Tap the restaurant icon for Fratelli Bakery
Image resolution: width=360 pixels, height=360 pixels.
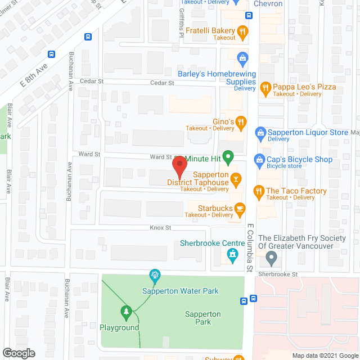coord(242,31)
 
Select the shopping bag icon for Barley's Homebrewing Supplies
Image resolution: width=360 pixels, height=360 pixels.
coord(242,57)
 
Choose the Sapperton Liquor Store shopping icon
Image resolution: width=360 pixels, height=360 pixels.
coord(260,132)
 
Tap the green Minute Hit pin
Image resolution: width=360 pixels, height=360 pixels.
coord(228,157)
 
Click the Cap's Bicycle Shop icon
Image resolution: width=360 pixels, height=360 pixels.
coord(259,160)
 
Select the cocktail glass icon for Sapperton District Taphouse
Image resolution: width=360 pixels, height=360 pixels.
coord(237,179)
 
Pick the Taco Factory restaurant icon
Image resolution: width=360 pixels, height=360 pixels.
coord(259,191)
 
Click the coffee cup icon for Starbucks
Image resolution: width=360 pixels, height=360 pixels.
coord(240,209)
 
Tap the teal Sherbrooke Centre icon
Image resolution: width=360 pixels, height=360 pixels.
coord(231,256)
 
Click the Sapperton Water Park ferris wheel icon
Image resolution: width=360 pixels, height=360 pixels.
coord(154,276)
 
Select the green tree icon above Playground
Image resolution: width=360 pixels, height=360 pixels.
coord(127,311)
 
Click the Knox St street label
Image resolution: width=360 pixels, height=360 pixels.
coord(160,228)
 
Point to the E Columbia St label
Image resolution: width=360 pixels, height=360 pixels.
coord(249,247)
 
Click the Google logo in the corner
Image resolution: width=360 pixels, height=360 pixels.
coord(18,353)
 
